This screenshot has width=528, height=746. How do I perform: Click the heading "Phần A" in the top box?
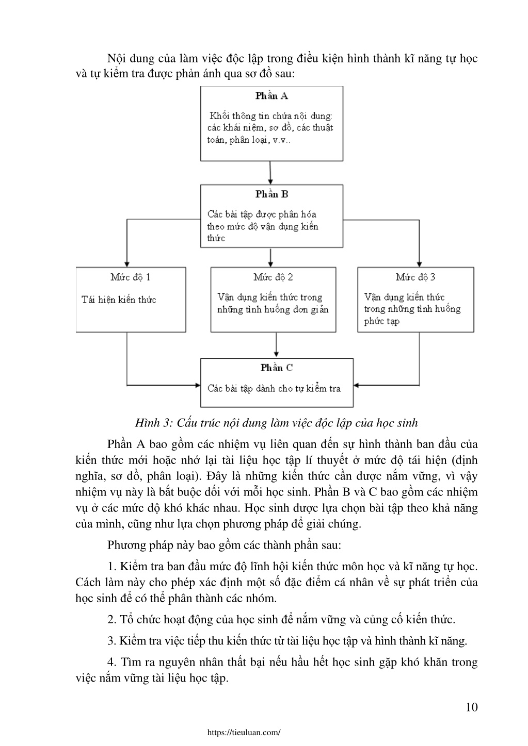(271, 96)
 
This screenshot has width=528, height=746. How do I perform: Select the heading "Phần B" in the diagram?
(271, 194)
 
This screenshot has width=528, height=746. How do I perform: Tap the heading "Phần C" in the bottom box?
(276, 368)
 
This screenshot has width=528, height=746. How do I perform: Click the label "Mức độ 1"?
(131, 277)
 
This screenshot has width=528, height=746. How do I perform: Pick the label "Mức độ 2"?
(273, 277)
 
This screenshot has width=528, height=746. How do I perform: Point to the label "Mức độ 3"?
(415, 277)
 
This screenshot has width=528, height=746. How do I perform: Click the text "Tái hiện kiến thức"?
(119, 300)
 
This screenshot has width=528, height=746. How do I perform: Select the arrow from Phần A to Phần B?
(270, 173)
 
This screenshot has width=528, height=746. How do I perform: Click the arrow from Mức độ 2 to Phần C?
(276, 345)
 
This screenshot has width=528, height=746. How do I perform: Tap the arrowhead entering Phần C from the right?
(356, 385)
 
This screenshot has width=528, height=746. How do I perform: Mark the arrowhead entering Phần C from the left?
(198, 385)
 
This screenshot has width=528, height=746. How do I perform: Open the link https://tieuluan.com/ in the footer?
(244, 732)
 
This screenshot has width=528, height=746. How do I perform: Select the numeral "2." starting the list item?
(111, 620)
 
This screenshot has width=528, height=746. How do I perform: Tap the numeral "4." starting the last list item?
(111, 662)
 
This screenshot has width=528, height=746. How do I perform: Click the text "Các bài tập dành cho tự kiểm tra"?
(274, 389)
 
